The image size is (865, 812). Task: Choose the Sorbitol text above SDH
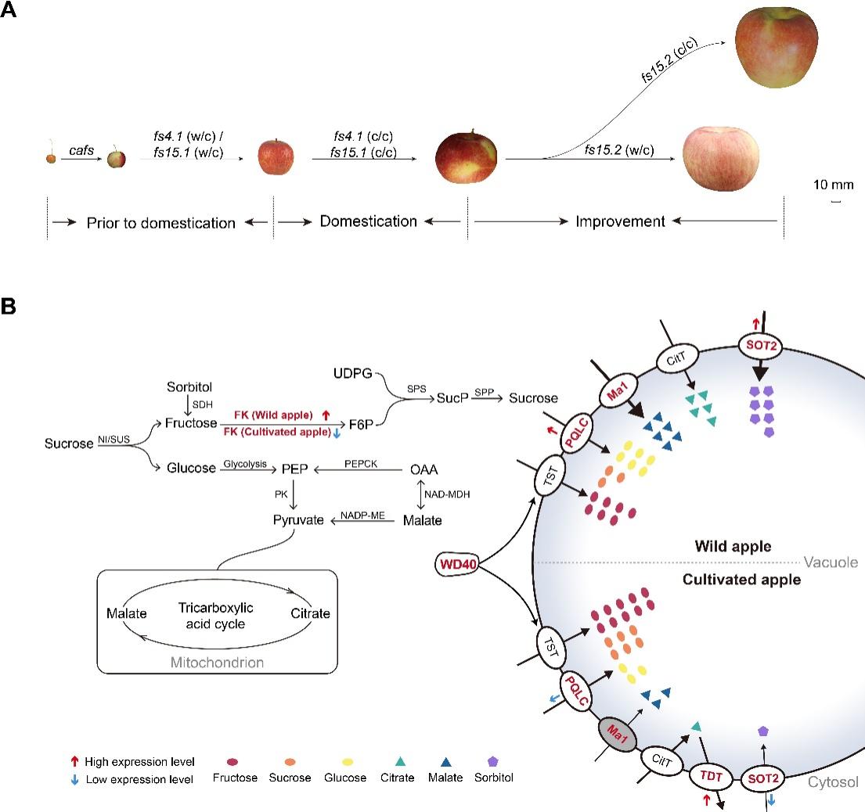(x=189, y=388)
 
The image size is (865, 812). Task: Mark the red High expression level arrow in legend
(x=74, y=761)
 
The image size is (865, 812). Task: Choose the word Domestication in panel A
(x=368, y=221)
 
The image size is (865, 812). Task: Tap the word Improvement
(x=620, y=221)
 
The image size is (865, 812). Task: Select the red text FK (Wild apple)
(x=271, y=415)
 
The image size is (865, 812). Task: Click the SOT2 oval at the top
(x=757, y=342)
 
